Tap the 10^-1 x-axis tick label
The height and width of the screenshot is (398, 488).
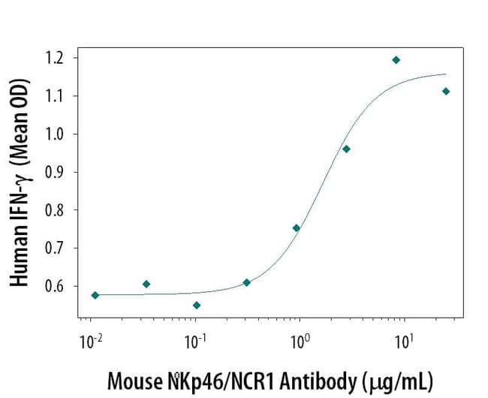pyautogui.click(x=195, y=342)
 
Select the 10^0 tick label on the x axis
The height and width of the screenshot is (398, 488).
pyautogui.click(x=300, y=342)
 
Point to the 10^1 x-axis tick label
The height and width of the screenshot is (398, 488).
pyautogui.click(x=405, y=342)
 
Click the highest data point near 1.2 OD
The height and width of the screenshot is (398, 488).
pyautogui.click(x=396, y=59)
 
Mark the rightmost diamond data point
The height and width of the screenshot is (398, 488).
pyautogui.click(x=446, y=91)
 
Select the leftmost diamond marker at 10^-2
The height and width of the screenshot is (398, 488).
pyautogui.click(x=95, y=295)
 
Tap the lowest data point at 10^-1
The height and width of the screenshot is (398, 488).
pyautogui.click(x=197, y=305)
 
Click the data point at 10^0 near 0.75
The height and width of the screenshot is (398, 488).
pyautogui.click(x=297, y=228)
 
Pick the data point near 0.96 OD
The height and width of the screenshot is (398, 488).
pyautogui.click(x=346, y=149)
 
